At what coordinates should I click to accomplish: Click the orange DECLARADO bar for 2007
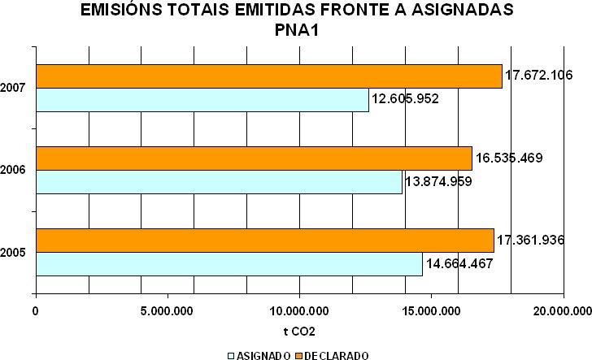pyautogui.click(x=268, y=76)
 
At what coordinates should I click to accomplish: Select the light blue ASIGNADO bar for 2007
pyautogui.click(x=202, y=100)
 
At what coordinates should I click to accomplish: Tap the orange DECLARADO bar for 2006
pyautogui.click(x=254, y=158)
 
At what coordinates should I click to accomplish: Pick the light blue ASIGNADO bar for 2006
pyautogui.click(x=219, y=182)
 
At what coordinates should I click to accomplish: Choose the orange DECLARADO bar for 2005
pyautogui.click(x=264, y=241)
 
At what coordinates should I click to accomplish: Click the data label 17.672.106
pyautogui.click(x=539, y=75)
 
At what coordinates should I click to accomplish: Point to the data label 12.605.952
pyautogui.click(x=405, y=100)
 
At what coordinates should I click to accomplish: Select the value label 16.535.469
pyautogui.click(x=508, y=158)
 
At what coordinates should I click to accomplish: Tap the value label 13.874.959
pyautogui.click(x=438, y=181)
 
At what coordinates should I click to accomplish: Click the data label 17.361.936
pyautogui.click(x=530, y=241)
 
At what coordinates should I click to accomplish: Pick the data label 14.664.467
pyautogui.click(x=459, y=264)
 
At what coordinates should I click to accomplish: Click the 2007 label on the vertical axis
pyautogui.click(x=12, y=87)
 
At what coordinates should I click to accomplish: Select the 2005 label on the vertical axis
pyautogui.click(x=12, y=253)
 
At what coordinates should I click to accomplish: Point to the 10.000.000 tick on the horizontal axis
pyautogui.click(x=299, y=310)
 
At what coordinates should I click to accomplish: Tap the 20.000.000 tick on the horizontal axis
pyautogui.click(x=561, y=310)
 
